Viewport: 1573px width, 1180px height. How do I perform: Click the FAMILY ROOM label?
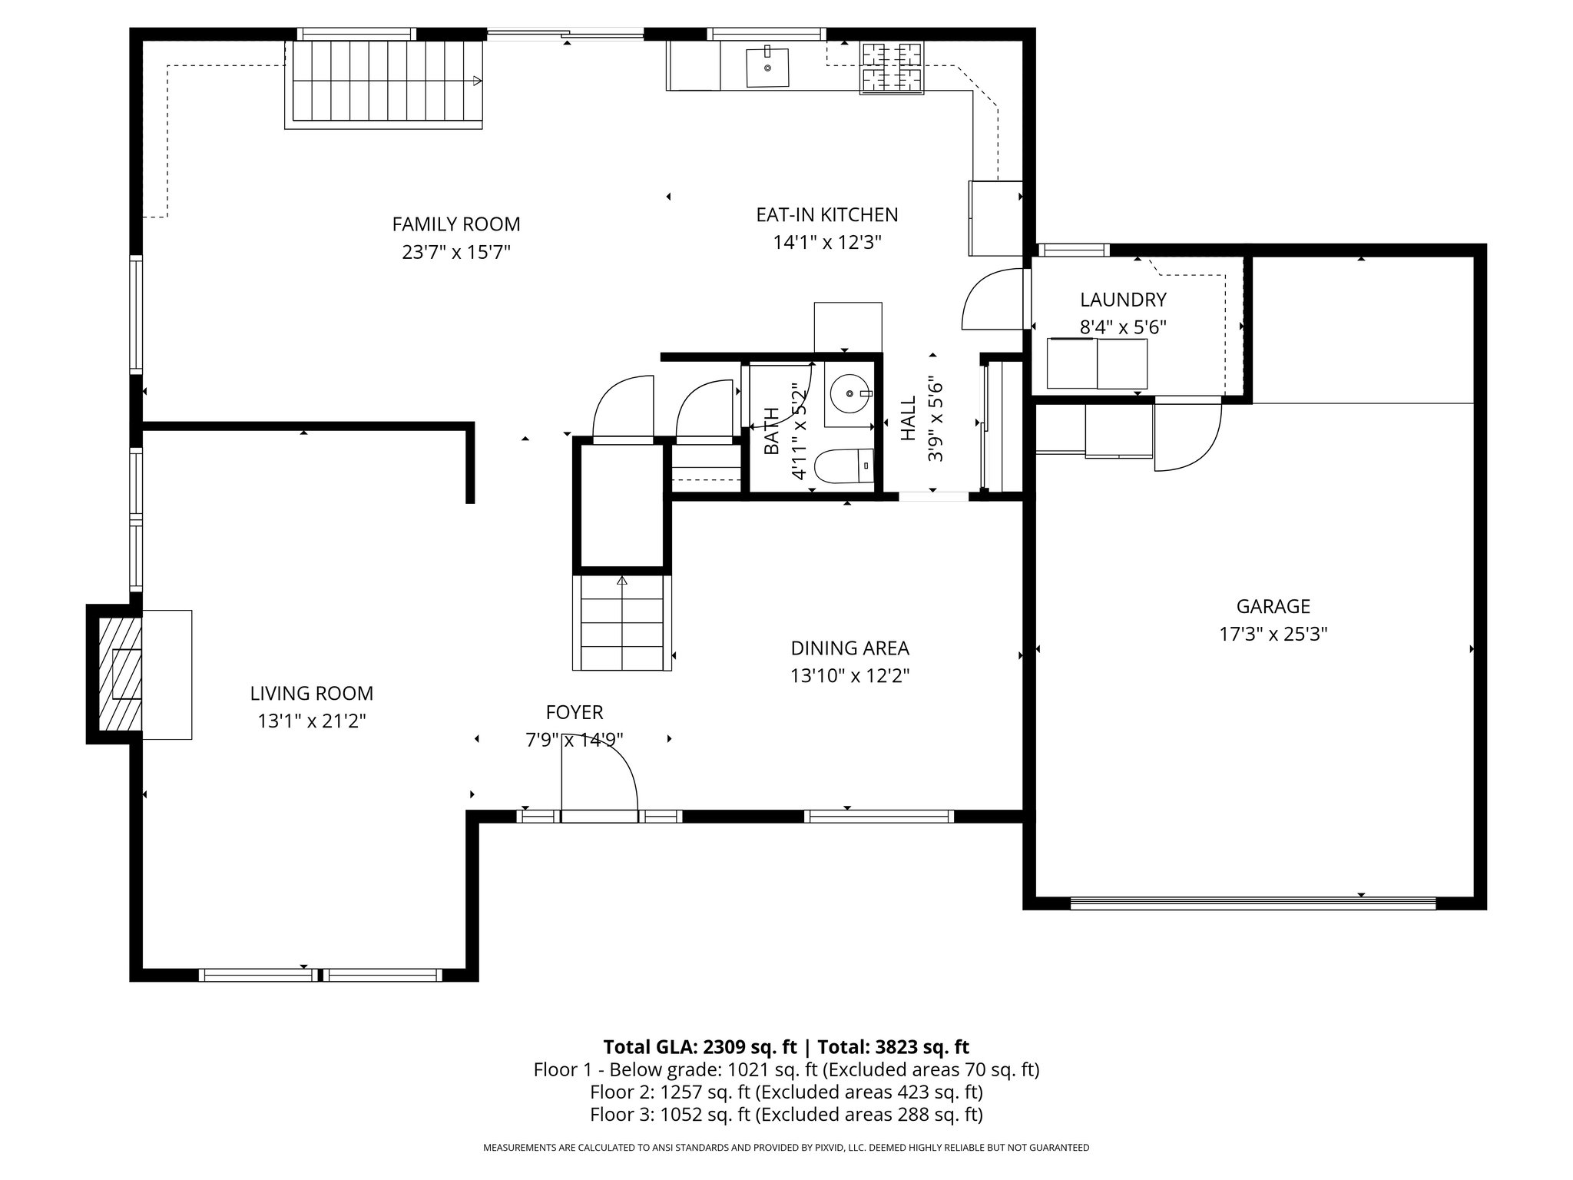pyautogui.click(x=456, y=224)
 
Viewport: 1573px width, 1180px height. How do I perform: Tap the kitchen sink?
pyautogui.click(x=767, y=66)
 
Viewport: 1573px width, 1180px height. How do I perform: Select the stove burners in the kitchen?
pyautogui.click(x=891, y=68)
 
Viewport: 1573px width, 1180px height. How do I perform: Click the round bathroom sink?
pyautogui.click(x=849, y=393)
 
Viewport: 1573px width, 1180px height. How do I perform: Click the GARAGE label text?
pyautogui.click(x=1273, y=607)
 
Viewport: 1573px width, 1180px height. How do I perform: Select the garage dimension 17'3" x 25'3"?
pyautogui.click(x=1273, y=635)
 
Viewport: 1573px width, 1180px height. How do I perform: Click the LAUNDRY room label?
pyautogui.click(x=1123, y=300)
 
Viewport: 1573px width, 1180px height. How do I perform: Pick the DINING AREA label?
pyautogui.click(x=849, y=648)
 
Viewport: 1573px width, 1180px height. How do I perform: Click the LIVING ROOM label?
pyautogui.click(x=312, y=694)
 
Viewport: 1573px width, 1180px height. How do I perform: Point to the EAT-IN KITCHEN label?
pyautogui.click(x=827, y=215)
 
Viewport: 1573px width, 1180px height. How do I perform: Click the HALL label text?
pyautogui.click(x=909, y=418)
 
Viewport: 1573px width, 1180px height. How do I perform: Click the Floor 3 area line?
pyautogui.click(x=786, y=1115)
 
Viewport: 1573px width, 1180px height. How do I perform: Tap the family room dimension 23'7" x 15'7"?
pyautogui.click(x=456, y=252)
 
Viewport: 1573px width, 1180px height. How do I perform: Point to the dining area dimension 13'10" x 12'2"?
pyautogui.click(x=849, y=676)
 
